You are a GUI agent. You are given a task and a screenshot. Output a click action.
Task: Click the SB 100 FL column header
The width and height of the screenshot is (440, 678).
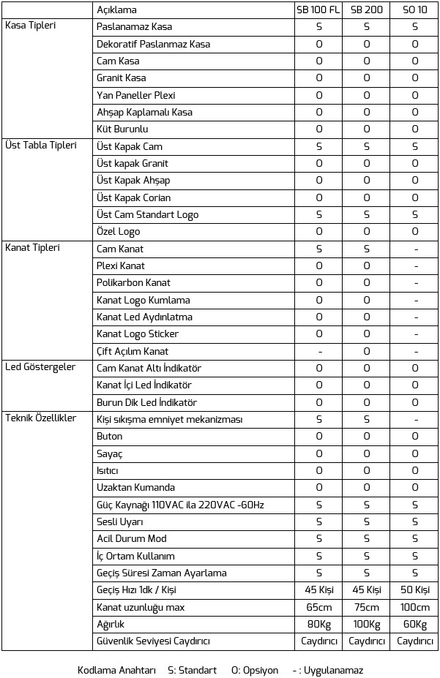(318, 10)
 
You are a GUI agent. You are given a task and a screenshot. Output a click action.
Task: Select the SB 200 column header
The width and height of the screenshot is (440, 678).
(367, 10)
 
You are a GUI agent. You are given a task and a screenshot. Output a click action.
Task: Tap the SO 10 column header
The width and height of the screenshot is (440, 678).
(415, 10)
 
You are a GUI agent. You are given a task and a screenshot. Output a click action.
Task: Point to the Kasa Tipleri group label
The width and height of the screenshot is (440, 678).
(31, 26)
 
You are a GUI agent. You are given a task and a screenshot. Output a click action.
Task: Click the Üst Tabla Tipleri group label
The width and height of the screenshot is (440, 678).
(41, 145)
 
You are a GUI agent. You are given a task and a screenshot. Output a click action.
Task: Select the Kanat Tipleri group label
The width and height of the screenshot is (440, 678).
(32, 247)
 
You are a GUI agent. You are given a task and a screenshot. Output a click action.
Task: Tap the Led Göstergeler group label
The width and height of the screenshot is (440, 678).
(40, 366)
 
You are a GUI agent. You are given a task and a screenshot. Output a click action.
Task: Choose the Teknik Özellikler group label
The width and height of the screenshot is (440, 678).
(42, 418)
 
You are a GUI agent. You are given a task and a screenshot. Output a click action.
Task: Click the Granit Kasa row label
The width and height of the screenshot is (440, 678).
(122, 78)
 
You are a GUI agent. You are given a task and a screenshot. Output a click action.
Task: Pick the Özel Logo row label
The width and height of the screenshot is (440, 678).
(118, 232)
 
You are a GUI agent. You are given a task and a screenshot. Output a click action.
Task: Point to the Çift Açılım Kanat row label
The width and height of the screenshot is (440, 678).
(133, 351)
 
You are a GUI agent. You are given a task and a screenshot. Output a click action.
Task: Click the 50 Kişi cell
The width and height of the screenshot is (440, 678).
(415, 590)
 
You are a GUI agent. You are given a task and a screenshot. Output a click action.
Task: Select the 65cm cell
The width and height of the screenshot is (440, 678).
(318, 607)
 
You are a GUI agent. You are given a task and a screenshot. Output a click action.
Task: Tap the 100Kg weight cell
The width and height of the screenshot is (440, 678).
(367, 625)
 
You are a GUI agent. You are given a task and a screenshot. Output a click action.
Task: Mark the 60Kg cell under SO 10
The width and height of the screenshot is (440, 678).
(415, 625)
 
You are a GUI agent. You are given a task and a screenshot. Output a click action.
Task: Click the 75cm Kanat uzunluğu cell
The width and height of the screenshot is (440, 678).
(367, 607)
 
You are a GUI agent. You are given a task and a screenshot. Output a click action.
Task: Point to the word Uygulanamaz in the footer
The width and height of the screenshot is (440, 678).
(333, 670)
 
